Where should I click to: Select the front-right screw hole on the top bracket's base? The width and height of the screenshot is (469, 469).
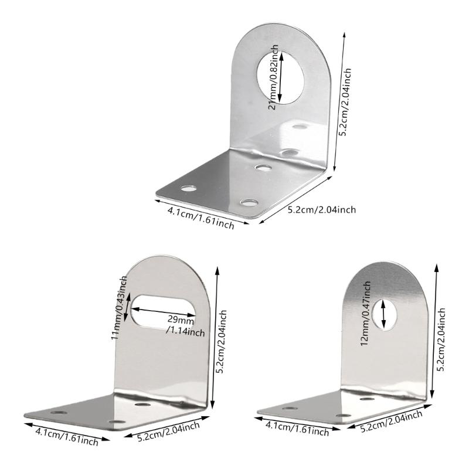coord(249,203)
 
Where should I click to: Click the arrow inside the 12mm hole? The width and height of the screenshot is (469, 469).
coord(384,313)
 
